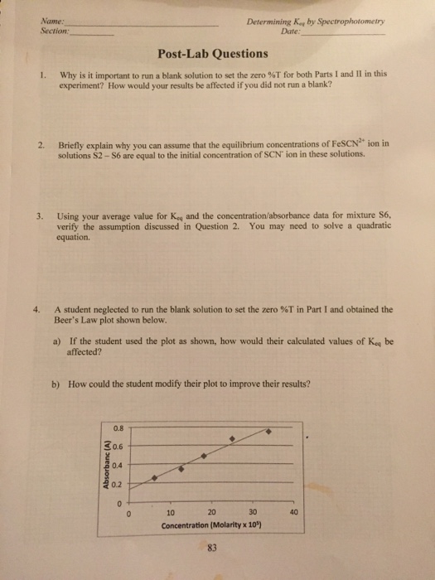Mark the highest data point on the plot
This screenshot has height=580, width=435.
tap(266, 431)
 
